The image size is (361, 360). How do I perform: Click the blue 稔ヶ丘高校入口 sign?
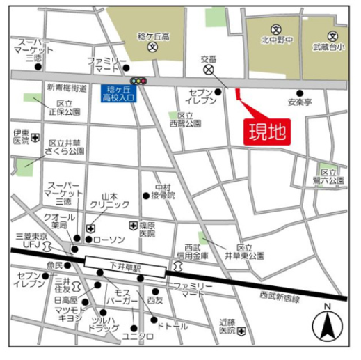point(118,94)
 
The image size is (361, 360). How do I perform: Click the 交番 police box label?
point(209,60)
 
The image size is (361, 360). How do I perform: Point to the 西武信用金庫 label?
point(197,251)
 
